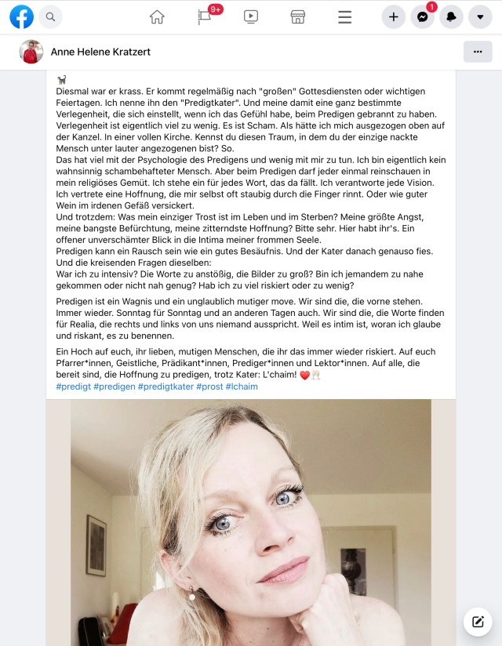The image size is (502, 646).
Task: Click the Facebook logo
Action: (21, 16)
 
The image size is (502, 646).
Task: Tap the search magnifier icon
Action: (50, 16)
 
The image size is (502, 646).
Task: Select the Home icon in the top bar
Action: (157, 16)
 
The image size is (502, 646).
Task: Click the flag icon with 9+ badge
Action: (205, 16)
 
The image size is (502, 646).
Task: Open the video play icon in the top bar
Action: (251, 16)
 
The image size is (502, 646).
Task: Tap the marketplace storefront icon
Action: (298, 16)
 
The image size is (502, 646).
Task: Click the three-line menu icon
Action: (344, 16)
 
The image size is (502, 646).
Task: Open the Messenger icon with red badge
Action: (422, 16)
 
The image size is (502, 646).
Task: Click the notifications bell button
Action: (451, 16)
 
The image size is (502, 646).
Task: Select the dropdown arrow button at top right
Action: (480, 16)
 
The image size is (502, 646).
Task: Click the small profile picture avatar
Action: (31, 52)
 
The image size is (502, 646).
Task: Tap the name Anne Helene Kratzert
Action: (100, 52)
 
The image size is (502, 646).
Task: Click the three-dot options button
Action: (478, 52)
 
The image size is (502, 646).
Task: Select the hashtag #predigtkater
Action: (166, 387)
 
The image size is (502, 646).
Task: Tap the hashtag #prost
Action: (209, 387)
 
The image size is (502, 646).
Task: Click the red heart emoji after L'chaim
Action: (305, 375)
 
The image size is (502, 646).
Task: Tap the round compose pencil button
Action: (477, 622)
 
